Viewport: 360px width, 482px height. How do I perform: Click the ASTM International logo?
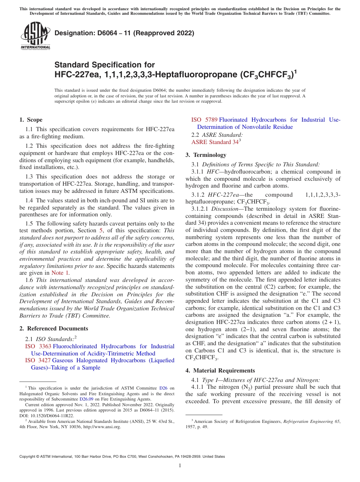(x=35, y=36)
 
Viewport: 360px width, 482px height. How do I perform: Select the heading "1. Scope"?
(x=31, y=120)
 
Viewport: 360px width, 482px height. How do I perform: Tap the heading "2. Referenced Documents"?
(x=54, y=329)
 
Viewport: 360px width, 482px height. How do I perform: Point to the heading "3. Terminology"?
(x=206, y=155)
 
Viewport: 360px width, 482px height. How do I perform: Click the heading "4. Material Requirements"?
(x=220, y=370)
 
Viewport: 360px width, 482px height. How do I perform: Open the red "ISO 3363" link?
(x=38, y=346)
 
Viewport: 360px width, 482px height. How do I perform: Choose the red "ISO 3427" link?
(x=38, y=360)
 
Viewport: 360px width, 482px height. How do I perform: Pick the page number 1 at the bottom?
(x=180, y=465)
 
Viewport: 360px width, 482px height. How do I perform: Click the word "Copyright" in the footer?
(x=29, y=457)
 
